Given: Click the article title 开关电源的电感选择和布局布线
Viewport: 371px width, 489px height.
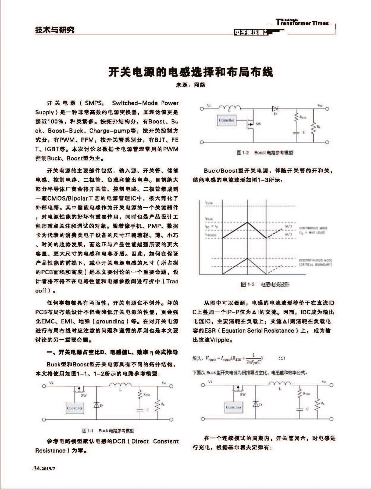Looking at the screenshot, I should coord(191,72).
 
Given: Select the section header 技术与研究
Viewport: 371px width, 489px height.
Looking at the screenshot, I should coord(55,30).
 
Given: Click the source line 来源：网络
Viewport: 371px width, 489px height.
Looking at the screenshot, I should coord(191,85).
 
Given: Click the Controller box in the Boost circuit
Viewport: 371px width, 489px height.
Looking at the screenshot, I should coord(226,120).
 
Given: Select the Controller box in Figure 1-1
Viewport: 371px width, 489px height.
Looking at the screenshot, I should coord(75,408).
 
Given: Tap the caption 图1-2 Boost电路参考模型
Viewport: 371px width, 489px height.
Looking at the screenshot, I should coord(265,153).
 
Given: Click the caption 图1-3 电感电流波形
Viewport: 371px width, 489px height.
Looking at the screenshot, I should coord(265,284).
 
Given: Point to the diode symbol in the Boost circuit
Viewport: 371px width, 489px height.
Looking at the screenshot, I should coord(275,109).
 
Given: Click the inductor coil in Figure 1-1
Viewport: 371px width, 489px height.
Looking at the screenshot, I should coord(120,385).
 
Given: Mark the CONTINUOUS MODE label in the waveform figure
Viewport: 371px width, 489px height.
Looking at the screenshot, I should coord(313,228).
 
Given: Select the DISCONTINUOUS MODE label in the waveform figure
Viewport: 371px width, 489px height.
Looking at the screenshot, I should coord(316,260).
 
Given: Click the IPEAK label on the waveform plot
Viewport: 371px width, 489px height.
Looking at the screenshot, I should coord(209,219).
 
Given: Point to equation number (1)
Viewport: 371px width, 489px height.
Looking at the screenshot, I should coord(281,358).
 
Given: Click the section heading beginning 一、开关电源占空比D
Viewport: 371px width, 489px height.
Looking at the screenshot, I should coord(112,352).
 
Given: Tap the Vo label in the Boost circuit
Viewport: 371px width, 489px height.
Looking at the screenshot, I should coord(320,105).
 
